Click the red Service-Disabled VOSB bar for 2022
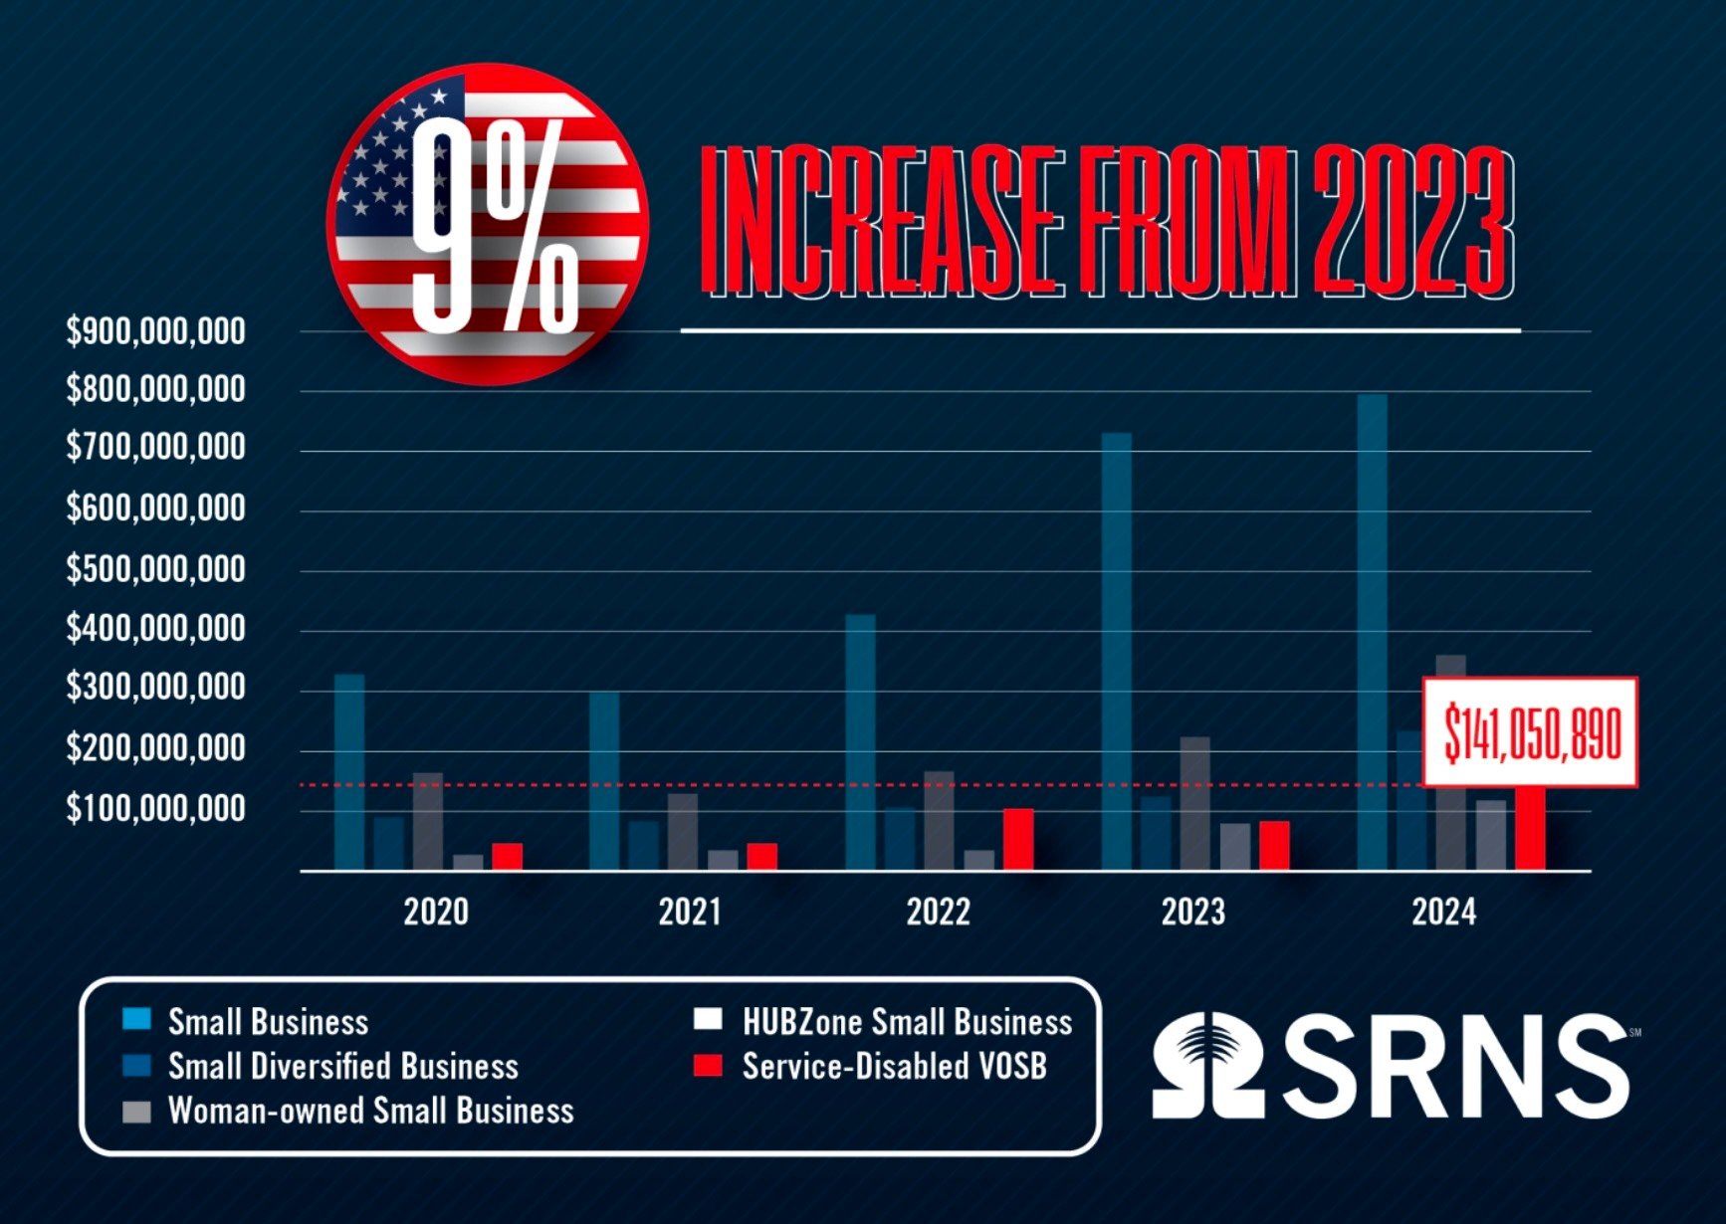click(1017, 839)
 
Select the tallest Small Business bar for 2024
click(1372, 632)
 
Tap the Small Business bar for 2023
click(1116, 652)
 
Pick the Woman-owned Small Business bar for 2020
click(428, 821)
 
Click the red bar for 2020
click(507, 857)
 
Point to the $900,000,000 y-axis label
click(155, 331)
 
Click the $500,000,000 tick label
click(155, 569)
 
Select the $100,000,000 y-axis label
click(155, 809)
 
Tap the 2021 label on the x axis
click(690, 912)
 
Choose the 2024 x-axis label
click(1443, 912)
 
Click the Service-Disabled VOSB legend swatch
click(707, 1066)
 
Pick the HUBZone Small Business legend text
click(907, 1022)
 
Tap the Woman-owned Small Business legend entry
click(370, 1111)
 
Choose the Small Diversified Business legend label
click(342, 1067)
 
